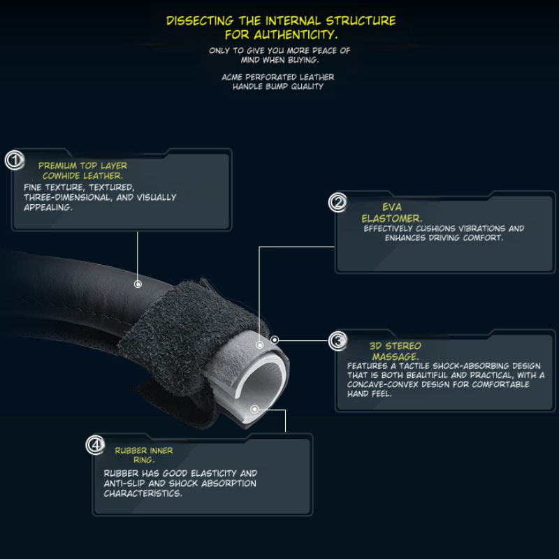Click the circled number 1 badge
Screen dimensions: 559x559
click(15, 160)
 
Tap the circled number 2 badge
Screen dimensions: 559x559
click(337, 203)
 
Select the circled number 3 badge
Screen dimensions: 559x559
click(337, 341)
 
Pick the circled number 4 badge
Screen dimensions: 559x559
click(95, 445)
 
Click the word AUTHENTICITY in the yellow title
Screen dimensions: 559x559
click(296, 35)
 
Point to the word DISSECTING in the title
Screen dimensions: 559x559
click(200, 21)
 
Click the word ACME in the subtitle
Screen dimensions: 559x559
click(232, 77)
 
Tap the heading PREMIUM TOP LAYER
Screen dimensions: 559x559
click(82, 166)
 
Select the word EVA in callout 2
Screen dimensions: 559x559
click(392, 207)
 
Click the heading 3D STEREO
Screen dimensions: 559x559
click(395, 346)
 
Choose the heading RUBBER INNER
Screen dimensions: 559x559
click(144, 451)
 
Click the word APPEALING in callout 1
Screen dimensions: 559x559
click(48, 208)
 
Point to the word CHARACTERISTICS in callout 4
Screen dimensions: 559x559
click(143, 493)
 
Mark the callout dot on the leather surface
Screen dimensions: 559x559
click(138, 284)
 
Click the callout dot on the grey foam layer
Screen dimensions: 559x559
click(259, 344)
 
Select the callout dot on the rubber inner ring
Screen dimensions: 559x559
click(254, 409)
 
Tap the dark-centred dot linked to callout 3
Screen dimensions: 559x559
click(275, 340)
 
